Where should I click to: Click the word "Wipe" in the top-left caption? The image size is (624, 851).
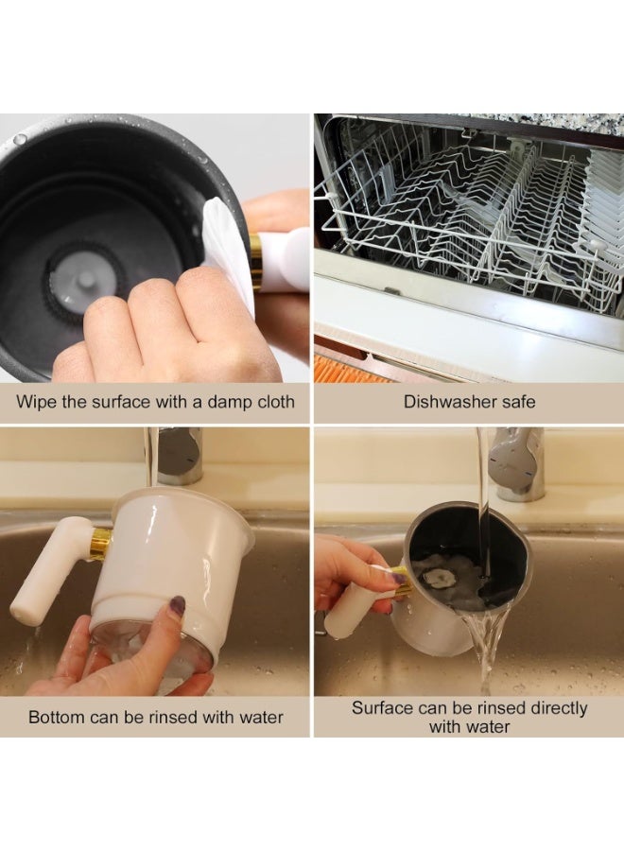click(x=36, y=402)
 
